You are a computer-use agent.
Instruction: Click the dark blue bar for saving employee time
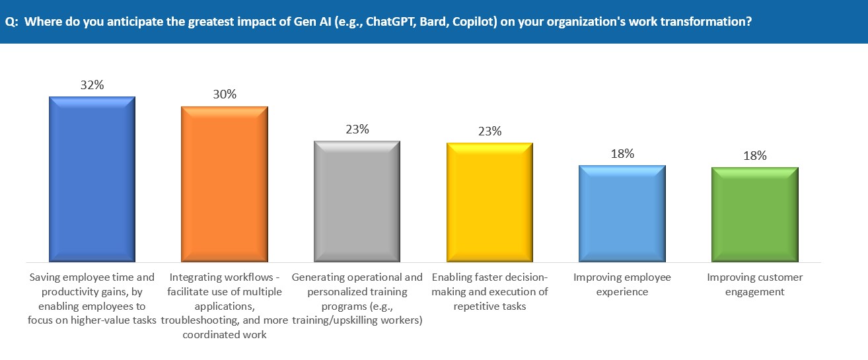click(x=92, y=178)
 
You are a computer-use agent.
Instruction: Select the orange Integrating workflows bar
click(x=225, y=183)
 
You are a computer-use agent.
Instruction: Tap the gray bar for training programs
click(x=357, y=201)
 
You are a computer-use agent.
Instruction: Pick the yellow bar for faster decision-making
click(x=489, y=201)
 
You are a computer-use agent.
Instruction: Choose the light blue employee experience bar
click(x=622, y=213)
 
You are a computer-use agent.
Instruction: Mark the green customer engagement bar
click(x=754, y=214)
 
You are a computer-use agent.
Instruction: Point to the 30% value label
click(x=225, y=94)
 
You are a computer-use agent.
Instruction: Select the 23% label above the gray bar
click(x=357, y=129)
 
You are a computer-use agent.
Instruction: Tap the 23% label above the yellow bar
click(x=489, y=131)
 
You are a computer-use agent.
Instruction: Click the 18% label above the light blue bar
click(x=622, y=154)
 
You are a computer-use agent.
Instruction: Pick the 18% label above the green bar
click(x=754, y=156)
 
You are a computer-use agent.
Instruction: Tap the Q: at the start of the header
click(x=11, y=21)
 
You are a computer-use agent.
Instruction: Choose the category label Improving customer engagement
click(x=754, y=284)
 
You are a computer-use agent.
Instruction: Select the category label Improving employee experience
click(x=622, y=284)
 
